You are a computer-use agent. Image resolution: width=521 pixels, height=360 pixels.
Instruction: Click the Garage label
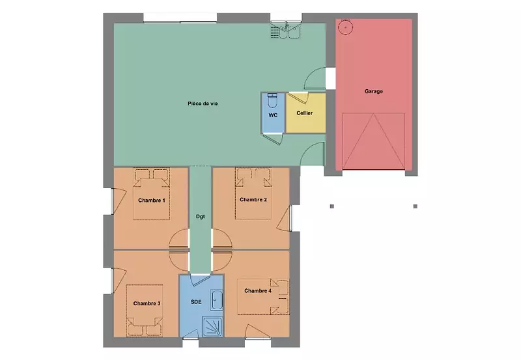(x=373, y=91)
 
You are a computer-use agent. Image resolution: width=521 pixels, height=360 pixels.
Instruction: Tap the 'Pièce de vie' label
(x=203, y=104)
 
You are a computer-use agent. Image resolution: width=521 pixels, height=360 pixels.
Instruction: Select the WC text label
(x=273, y=115)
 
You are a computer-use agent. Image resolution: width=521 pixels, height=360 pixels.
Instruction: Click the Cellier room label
(x=305, y=113)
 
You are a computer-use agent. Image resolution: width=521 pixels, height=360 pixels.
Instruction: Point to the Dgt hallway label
(x=201, y=217)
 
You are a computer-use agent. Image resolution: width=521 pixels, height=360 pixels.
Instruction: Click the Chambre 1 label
(x=152, y=201)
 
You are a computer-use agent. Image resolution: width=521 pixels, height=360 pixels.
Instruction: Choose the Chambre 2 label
(x=253, y=200)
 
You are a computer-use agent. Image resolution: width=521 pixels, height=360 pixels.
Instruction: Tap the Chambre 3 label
(x=147, y=303)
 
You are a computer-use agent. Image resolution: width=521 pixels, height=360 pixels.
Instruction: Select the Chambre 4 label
(x=258, y=290)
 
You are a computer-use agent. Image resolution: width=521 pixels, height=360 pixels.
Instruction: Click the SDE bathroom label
(x=196, y=302)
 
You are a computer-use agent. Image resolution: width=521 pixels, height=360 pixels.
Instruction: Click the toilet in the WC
(x=272, y=101)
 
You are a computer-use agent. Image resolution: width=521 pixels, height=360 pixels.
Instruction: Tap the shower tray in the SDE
(x=213, y=327)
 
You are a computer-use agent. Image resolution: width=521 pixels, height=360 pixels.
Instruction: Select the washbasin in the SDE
(x=217, y=300)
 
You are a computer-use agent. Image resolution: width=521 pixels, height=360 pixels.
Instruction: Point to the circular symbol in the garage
(x=346, y=27)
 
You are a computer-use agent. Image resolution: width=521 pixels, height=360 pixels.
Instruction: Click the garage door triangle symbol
(x=373, y=141)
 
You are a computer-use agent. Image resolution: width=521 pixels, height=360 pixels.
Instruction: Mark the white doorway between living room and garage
(x=330, y=78)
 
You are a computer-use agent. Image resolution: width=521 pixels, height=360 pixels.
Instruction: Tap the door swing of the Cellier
(x=300, y=98)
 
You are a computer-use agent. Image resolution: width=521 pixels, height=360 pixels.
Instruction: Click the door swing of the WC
(x=273, y=139)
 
